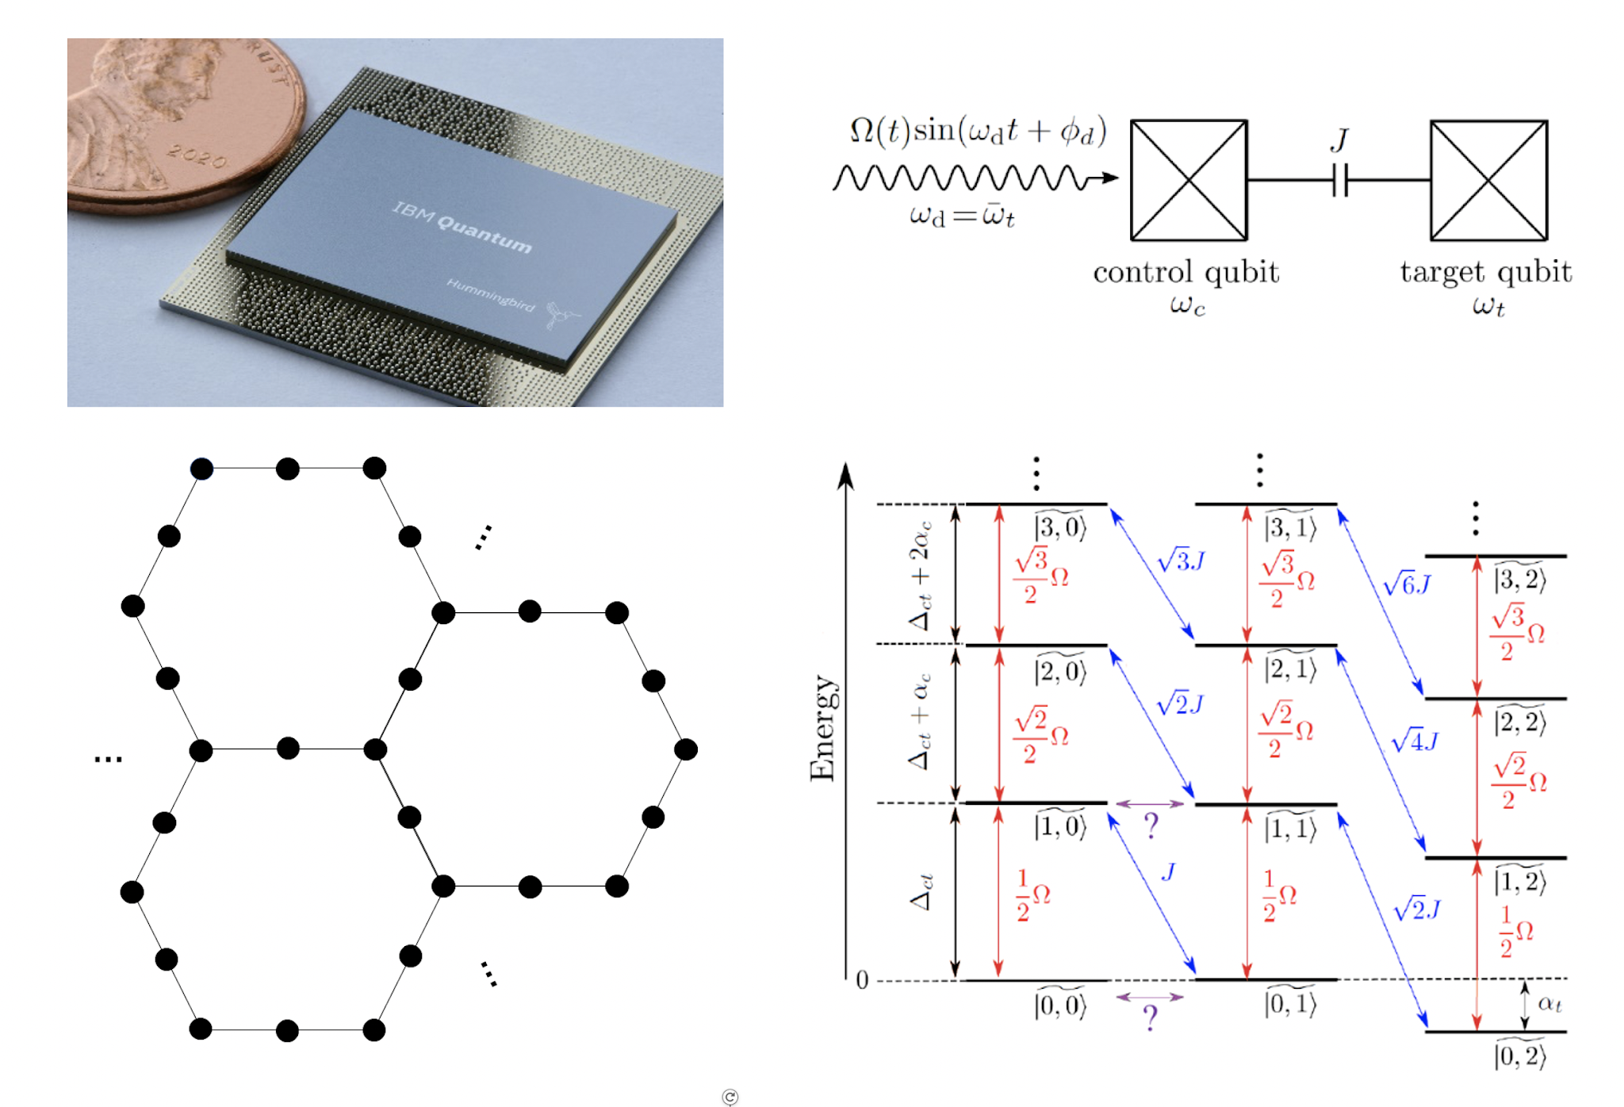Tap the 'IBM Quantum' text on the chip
point(462,226)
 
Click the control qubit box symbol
point(1188,180)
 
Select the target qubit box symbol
point(1488,180)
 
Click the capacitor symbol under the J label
point(1339,180)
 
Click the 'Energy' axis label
point(822,728)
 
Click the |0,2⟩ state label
point(1519,1055)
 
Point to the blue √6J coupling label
point(1407,585)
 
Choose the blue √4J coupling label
point(1414,741)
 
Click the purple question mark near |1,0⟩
point(1151,825)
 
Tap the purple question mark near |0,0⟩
point(1151,1016)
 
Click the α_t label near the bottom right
point(1549,1004)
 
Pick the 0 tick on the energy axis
point(862,981)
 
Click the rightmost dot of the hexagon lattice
point(686,749)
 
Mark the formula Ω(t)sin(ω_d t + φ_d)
point(977,132)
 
